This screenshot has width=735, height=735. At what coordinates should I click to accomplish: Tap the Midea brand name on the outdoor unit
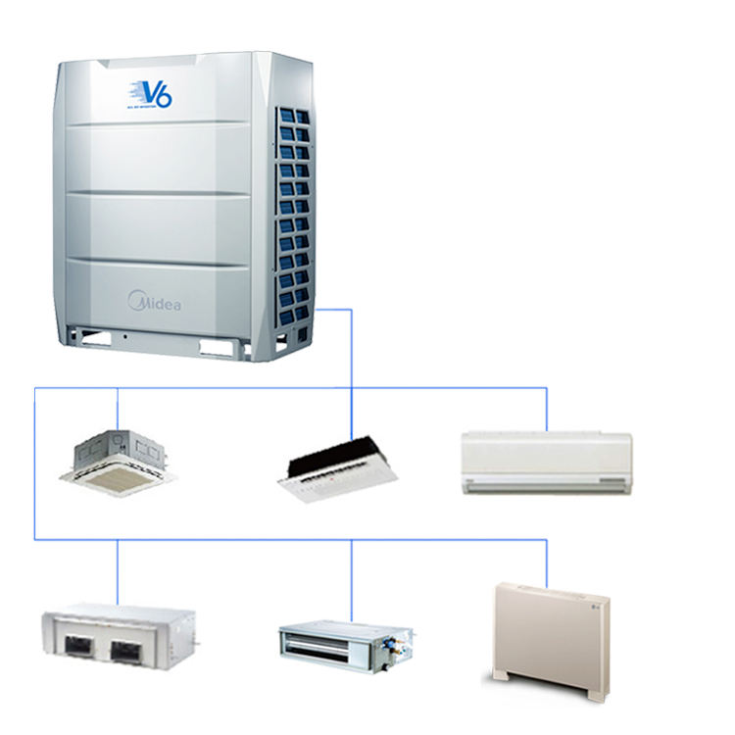155,300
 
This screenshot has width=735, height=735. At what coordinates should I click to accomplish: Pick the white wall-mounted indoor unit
546,462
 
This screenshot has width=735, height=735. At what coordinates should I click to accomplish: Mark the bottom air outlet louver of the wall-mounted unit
546,483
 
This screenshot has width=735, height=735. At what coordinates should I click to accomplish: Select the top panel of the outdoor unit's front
157,93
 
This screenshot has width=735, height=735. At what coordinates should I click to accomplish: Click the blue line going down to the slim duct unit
351,578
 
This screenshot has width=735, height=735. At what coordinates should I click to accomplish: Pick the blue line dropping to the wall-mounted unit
546,410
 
